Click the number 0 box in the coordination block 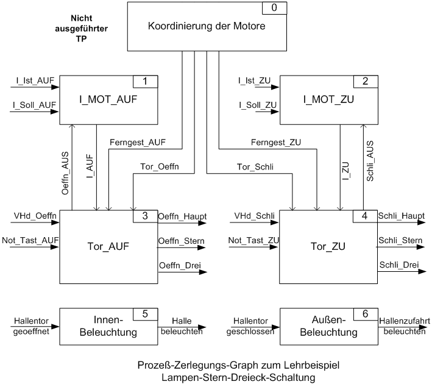coord(274,8)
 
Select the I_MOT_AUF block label coord(108,99)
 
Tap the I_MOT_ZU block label coord(328,99)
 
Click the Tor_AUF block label coord(108,246)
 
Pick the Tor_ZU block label coord(328,246)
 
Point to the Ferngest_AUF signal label coord(138,142)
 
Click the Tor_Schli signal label coord(255,167)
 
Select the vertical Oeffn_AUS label coord(65,173)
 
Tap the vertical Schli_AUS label coord(370,161)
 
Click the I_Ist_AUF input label coord(35,80)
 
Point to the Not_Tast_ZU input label coord(253,240)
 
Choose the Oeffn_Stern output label coord(182,241)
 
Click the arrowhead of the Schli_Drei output coord(422,271)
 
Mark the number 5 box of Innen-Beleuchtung coord(145,315)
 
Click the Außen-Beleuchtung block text coord(328,326)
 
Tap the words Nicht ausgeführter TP coord(81,29)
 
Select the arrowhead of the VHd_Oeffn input coord(55,222)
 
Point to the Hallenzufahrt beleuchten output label coord(405,326)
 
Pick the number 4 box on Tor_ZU coord(365,216)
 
